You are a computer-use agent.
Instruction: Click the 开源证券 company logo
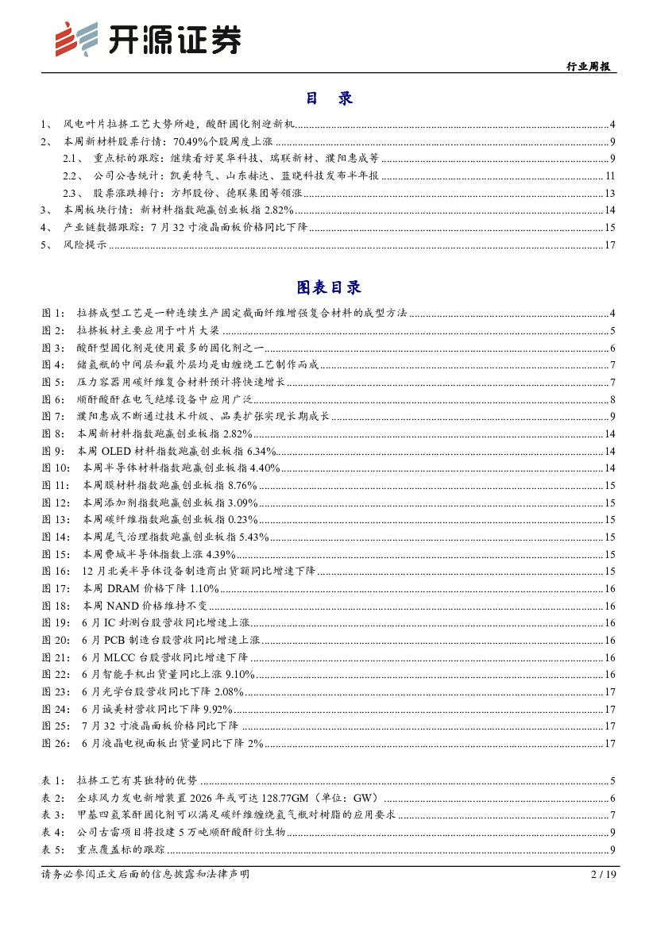(147, 39)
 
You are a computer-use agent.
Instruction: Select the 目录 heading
(328, 98)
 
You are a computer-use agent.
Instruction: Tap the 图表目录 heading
(328, 287)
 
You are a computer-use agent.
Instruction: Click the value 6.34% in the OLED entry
(258, 450)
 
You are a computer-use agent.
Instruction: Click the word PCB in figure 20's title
(115, 640)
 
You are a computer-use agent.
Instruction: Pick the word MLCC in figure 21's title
(119, 657)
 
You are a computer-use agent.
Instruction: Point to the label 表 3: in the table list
(54, 815)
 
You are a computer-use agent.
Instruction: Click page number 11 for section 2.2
(610, 175)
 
